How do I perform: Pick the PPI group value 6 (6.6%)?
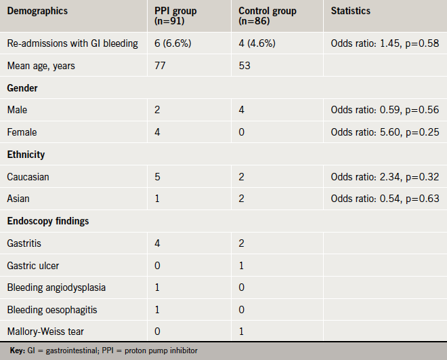[171, 43]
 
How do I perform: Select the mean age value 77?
[160, 66]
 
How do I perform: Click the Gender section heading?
[23, 88]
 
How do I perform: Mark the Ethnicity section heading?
[26, 155]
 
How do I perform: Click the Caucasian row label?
[28, 176]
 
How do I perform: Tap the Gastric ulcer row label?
[32, 265]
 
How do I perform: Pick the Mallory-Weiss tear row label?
[46, 332]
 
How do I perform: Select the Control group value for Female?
[242, 132]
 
